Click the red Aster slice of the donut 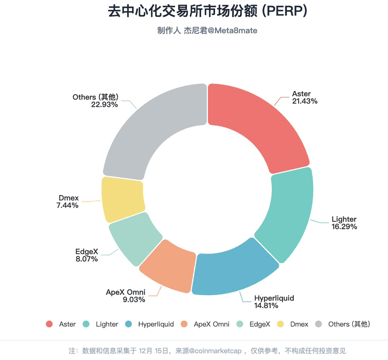(257, 124)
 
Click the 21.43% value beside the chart (305, 101)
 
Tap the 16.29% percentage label (344, 227)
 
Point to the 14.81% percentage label (266, 306)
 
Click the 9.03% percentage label (134, 300)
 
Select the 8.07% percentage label (87, 259)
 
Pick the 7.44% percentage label (67, 205)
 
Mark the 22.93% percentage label (104, 105)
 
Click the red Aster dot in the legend (49, 324)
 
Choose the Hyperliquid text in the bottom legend (156, 324)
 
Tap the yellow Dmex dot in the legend (280, 324)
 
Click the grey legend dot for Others (319, 324)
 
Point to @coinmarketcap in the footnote (215, 351)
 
